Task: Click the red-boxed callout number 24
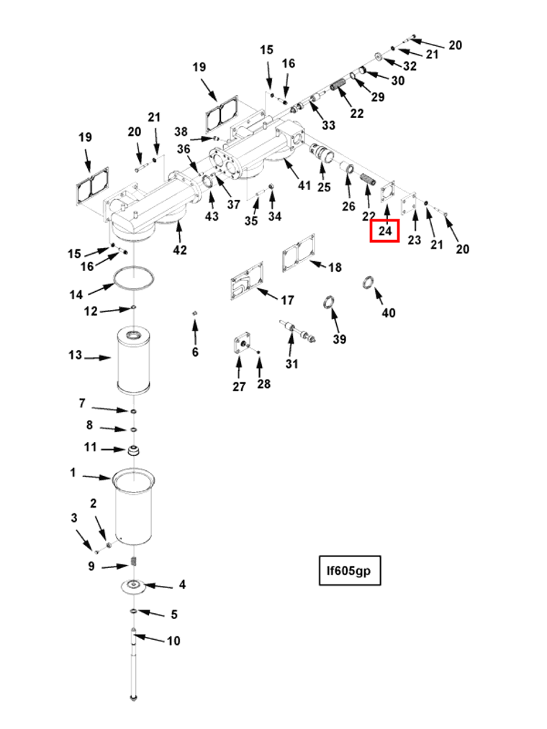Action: point(385,231)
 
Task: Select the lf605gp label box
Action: point(349,571)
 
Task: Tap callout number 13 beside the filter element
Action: point(76,355)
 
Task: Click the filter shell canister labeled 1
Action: point(134,508)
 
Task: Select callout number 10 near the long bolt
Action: point(173,641)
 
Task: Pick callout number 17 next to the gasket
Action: point(287,300)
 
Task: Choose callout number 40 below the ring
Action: point(389,313)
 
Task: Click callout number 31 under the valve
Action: point(291,364)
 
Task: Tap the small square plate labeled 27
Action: point(241,344)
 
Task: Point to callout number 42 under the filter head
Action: point(180,250)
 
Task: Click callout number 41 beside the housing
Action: point(304,185)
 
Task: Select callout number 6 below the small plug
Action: point(195,352)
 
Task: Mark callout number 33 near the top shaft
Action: point(328,125)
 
